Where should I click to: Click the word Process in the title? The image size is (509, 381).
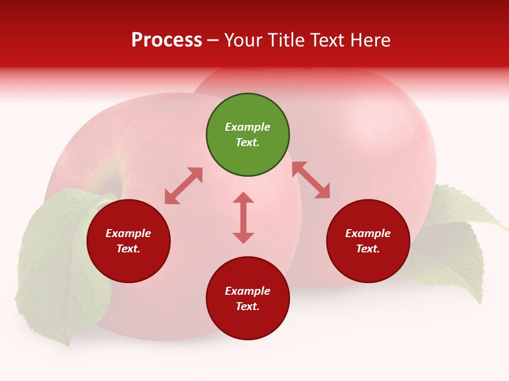click(x=166, y=40)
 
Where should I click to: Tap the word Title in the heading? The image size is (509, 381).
click(x=288, y=40)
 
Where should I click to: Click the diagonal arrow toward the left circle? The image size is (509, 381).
click(x=183, y=186)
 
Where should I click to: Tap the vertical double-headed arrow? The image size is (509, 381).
click(x=243, y=217)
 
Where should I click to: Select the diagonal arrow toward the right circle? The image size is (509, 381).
click(x=311, y=180)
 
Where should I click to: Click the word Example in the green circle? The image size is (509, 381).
click(x=248, y=127)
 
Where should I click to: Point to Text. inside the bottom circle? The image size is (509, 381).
click(x=248, y=306)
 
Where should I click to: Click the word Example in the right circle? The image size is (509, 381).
click(x=368, y=233)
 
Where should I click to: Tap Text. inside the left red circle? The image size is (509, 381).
click(x=128, y=249)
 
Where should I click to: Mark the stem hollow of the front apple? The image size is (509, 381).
click(x=112, y=185)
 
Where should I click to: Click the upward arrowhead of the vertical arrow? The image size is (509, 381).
click(x=243, y=198)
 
